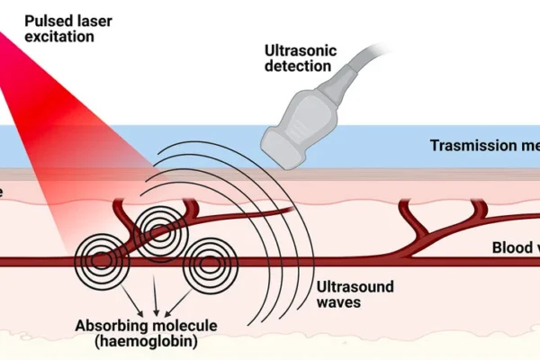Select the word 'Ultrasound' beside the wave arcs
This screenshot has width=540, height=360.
coord(355,286)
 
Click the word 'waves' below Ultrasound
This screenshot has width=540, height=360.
coord(337,303)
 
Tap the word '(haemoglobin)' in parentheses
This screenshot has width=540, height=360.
coord(148,344)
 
